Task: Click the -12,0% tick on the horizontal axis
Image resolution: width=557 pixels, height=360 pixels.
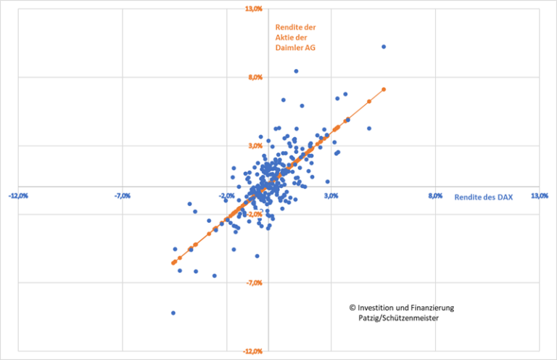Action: [18, 196]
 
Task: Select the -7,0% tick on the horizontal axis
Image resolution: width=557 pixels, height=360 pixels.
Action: [123, 196]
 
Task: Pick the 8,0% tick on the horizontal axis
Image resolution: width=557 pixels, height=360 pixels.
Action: [434, 196]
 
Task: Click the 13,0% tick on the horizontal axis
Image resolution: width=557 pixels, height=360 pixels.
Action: [540, 196]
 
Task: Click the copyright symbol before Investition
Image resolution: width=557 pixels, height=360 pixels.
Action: [352, 308]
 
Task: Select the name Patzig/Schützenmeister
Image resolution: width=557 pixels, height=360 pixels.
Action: [399, 317]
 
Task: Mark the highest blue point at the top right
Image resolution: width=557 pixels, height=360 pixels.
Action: [384, 46]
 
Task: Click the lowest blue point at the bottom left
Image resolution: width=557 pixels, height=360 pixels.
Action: [173, 313]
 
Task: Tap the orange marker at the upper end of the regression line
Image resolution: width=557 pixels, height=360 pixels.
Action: [384, 89]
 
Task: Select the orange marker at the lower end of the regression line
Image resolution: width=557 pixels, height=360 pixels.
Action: [173, 263]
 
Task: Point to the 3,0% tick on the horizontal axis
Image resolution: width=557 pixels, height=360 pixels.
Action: [331, 196]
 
